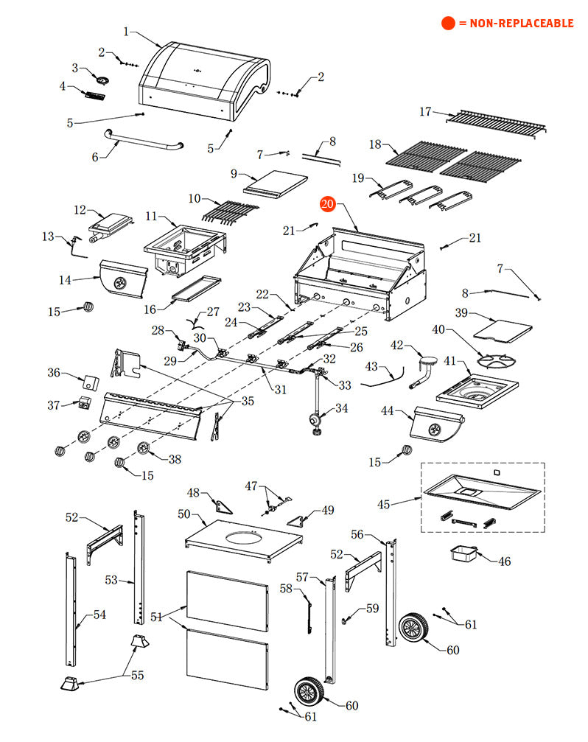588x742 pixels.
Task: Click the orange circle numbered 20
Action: point(327,204)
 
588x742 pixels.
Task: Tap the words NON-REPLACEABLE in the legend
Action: point(516,24)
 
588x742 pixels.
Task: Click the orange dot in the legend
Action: point(448,24)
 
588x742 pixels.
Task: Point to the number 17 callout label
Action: point(425,112)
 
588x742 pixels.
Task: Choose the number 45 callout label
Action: point(384,505)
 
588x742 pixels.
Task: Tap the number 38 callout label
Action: point(175,459)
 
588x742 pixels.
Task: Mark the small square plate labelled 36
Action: point(91,382)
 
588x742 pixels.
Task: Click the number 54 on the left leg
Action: point(99,615)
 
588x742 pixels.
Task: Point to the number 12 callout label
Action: point(80,210)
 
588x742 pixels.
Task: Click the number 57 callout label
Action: point(303,575)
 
